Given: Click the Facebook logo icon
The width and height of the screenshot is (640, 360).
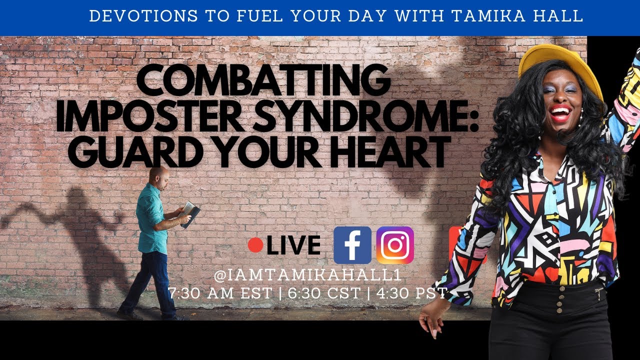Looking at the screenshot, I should tap(352, 245).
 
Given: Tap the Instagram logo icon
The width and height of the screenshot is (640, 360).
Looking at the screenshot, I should tap(395, 245).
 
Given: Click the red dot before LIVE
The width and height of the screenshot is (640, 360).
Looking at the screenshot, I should tap(255, 245).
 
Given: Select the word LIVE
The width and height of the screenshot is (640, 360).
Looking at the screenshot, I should tap(294, 245).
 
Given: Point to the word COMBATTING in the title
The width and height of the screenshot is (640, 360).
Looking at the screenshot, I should tap(263, 82).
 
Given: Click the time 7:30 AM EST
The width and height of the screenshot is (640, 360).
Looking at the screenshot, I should tap(221, 293).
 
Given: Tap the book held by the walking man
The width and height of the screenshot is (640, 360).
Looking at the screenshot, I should tap(190, 212).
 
